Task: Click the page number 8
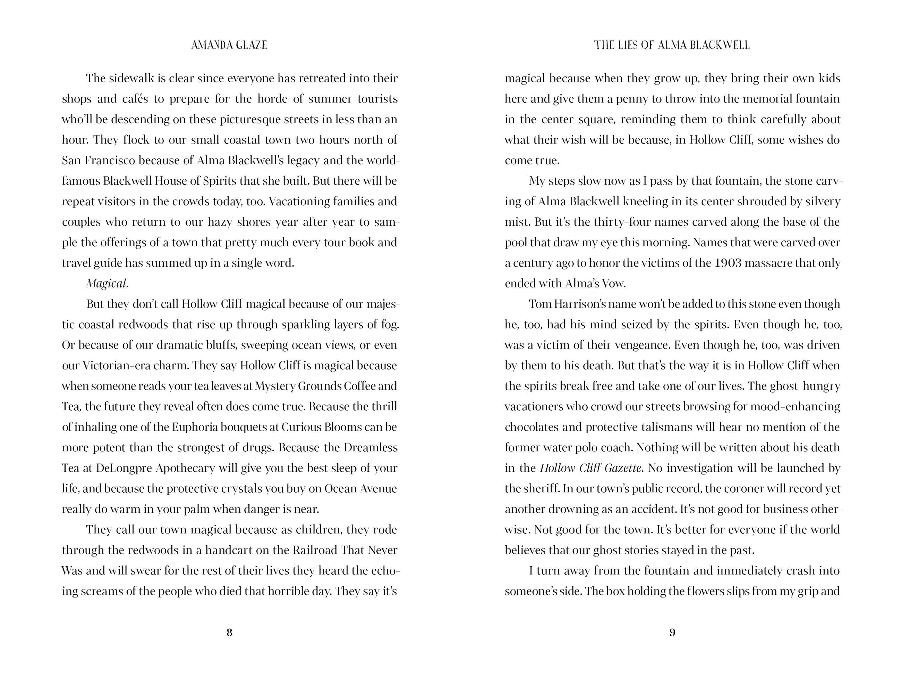(x=229, y=632)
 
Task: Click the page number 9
(x=672, y=632)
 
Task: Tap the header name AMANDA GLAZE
(x=229, y=45)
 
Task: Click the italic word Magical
(x=107, y=284)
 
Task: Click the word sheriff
(x=542, y=488)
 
